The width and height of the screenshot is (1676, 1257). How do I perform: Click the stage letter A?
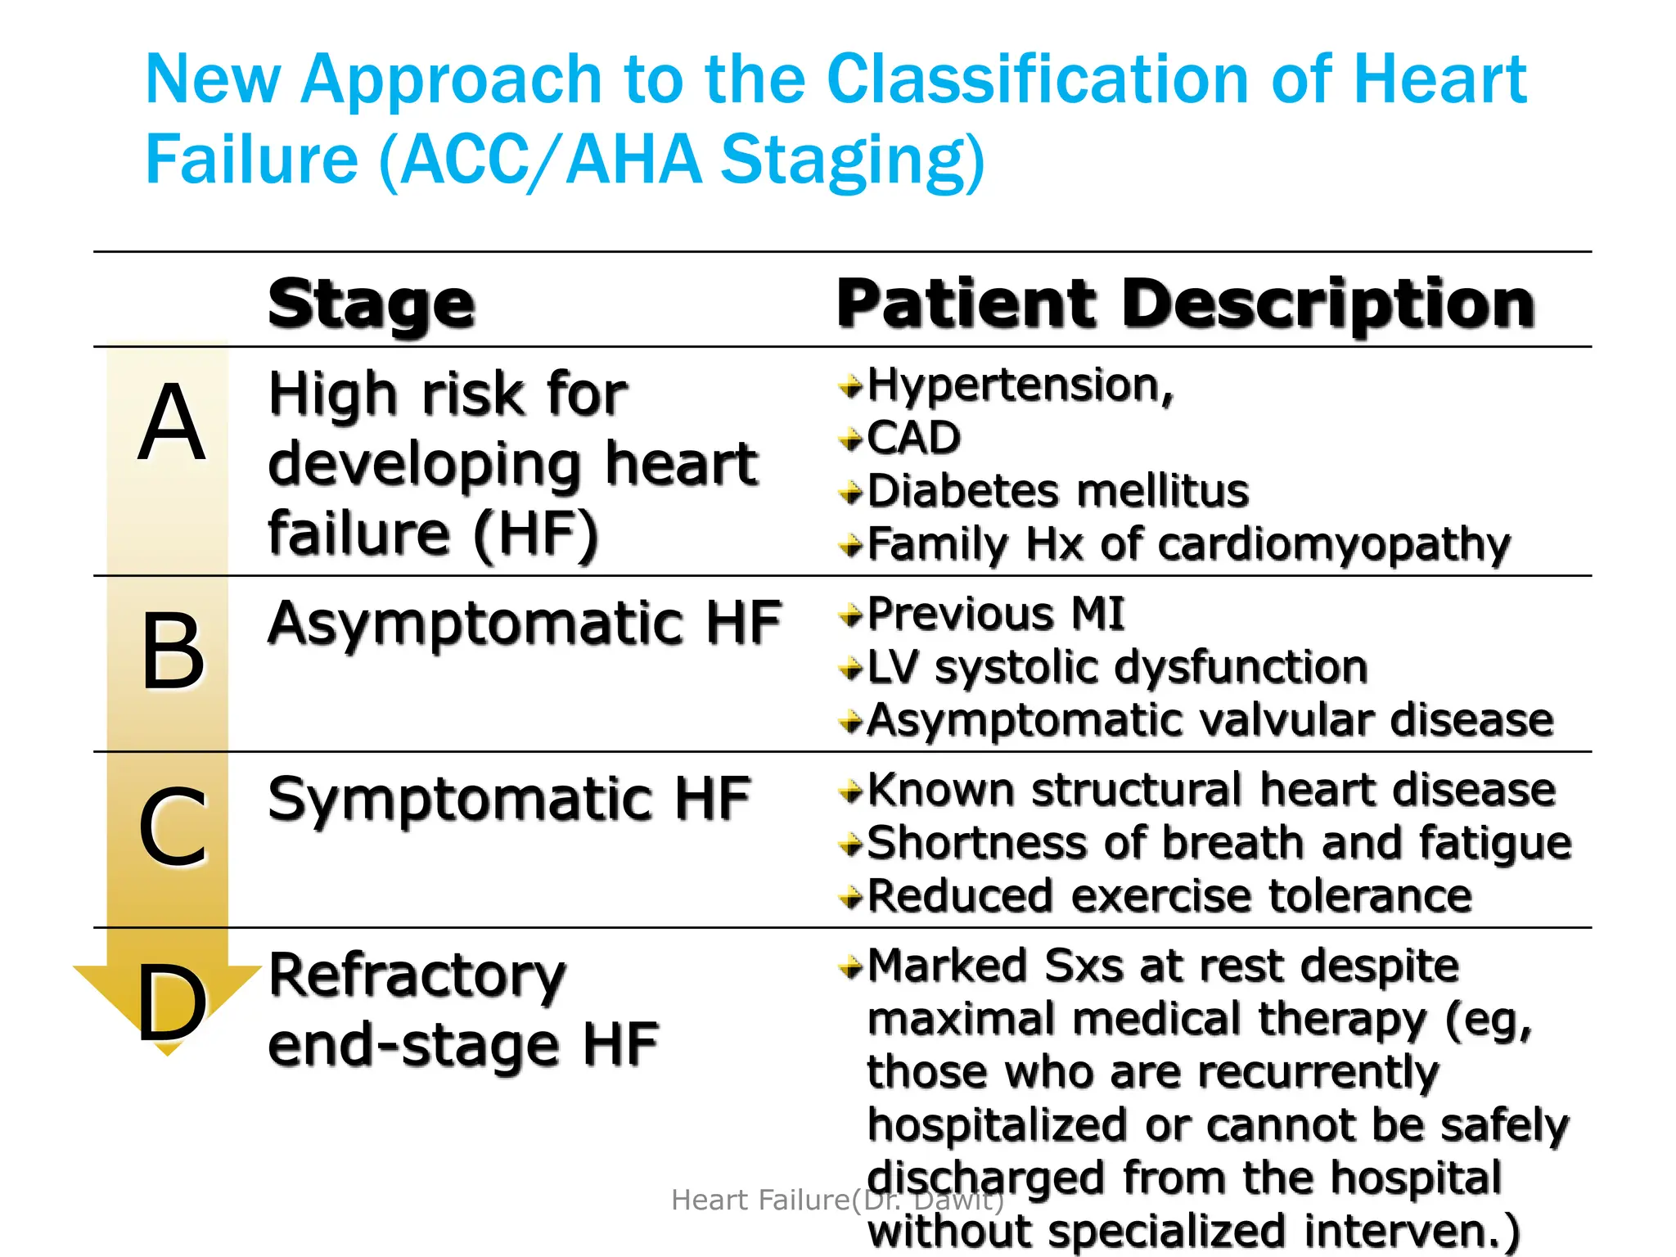171,423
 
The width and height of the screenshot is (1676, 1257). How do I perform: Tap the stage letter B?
173,651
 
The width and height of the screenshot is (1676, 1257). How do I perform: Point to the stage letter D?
172,1003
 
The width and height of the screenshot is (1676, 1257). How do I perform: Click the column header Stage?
372,304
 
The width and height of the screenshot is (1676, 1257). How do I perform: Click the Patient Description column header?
1185,304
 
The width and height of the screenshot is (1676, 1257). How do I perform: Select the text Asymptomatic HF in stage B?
524,624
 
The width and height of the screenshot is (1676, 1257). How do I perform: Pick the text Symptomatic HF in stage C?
509,800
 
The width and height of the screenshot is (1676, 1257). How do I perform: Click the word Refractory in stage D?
417,975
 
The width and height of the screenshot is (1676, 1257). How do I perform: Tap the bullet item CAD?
913,438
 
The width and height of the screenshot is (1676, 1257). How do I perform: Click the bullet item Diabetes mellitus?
1057,491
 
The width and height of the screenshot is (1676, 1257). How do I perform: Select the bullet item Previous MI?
995,614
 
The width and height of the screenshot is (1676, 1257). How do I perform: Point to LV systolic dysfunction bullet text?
1117,667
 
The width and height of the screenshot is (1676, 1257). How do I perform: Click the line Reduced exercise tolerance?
1169,896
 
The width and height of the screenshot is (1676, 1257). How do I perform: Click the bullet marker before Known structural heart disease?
851,791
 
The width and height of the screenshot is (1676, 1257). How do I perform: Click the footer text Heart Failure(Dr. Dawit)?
836,1200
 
